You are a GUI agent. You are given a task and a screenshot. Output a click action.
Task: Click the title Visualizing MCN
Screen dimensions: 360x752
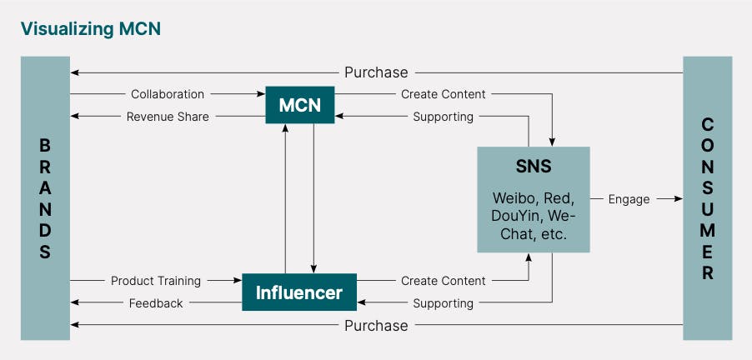pyautogui.click(x=90, y=28)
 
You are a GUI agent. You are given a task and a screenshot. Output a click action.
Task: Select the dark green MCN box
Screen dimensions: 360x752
pyautogui.click(x=299, y=105)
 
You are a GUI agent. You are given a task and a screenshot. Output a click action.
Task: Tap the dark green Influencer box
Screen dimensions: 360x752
pyautogui.click(x=298, y=292)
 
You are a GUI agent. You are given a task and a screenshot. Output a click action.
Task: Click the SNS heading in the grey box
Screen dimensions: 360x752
pyautogui.click(x=533, y=166)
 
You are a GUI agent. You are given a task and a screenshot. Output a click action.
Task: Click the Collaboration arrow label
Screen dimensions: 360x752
pyautogui.click(x=167, y=94)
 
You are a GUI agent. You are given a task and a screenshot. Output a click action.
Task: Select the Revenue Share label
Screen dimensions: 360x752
pyautogui.click(x=168, y=117)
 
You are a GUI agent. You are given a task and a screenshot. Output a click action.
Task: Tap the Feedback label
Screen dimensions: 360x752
pyautogui.click(x=156, y=303)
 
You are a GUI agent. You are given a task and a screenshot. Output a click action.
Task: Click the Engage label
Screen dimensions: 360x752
pyautogui.click(x=629, y=199)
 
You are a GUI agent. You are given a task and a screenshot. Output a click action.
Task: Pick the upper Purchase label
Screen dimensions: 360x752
pyautogui.click(x=376, y=72)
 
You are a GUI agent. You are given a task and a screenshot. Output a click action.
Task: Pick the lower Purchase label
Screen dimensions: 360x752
pyautogui.click(x=376, y=325)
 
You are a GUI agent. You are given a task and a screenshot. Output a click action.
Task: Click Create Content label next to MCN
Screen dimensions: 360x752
pyautogui.click(x=443, y=94)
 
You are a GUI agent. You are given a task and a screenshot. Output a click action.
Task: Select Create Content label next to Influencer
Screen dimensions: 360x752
pyautogui.click(x=443, y=281)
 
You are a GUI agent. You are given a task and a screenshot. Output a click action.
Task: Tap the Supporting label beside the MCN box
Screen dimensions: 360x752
pyautogui.click(x=443, y=117)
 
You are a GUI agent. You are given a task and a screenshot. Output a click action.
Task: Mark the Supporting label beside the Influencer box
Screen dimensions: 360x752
pyautogui.click(x=443, y=303)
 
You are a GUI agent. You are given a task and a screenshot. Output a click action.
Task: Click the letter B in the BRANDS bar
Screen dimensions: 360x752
pyautogui.click(x=45, y=144)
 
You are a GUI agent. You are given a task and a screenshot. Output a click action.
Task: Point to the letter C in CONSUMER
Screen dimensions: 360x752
pyautogui.click(x=708, y=124)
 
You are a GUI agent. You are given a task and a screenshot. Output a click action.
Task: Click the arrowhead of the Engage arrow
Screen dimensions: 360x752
pyautogui.click(x=679, y=199)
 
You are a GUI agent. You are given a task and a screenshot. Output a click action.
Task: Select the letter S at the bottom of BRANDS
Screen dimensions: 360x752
pyautogui.click(x=45, y=252)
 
